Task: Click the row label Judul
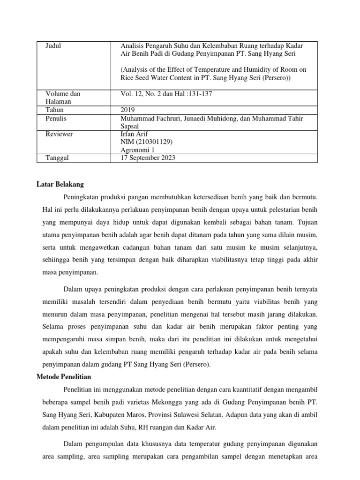pos(53,45)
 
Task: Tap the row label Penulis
pos(56,119)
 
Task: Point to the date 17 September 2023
pos(148,158)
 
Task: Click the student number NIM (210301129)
pos(144,142)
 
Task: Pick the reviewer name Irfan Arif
pos(135,134)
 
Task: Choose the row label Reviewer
pos(59,134)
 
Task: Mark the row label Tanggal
pos(57,158)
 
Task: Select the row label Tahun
pos(54,110)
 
